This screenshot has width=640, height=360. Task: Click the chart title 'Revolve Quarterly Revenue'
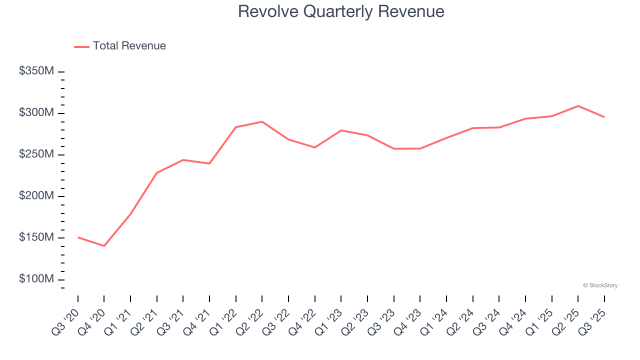click(x=341, y=11)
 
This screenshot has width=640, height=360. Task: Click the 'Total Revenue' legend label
click(x=129, y=46)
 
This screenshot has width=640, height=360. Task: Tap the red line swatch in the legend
click(x=81, y=46)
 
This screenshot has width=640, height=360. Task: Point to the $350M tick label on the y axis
click(x=36, y=71)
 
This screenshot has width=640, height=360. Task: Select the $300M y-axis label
click(x=36, y=113)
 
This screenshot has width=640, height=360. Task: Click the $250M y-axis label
click(x=36, y=154)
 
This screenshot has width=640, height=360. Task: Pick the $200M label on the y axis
click(x=36, y=196)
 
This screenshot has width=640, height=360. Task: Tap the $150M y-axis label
click(x=36, y=237)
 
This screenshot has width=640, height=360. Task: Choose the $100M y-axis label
click(x=36, y=279)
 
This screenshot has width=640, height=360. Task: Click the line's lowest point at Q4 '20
click(x=104, y=246)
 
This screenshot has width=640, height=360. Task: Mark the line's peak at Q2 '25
click(x=578, y=106)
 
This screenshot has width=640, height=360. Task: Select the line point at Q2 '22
click(x=262, y=121)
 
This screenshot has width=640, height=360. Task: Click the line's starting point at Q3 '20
click(x=78, y=237)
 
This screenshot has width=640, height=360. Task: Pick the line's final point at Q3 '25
click(x=604, y=117)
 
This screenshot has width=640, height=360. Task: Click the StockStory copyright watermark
click(x=600, y=285)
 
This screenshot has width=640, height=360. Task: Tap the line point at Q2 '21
click(x=157, y=173)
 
